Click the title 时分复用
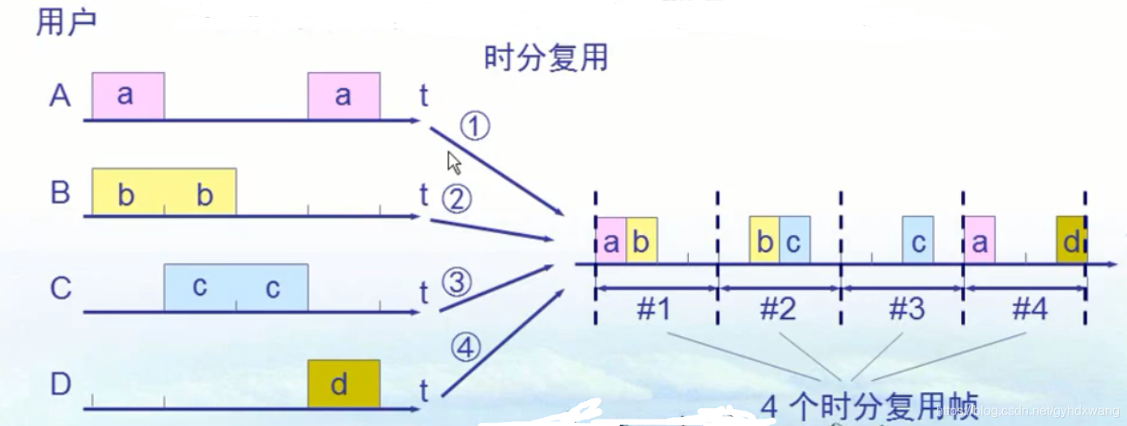pos(546,59)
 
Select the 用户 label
pos(66,22)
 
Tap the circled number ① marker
pos(476,126)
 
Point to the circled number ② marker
pos(457,198)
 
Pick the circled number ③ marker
pos(457,283)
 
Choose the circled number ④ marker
pos(466,348)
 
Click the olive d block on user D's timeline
pos(343,384)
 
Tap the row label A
pos(60,96)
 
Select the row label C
pos(61,289)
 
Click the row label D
pos(61,384)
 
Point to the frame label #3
pos(906,309)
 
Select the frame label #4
pos(1029,309)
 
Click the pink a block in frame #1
pos(611,241)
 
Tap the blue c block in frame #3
pos(918,241)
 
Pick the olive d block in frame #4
pos(1071,241)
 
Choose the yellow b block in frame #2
pos(764,241)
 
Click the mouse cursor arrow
pos(454,163)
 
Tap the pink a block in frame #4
pos(980,241)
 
